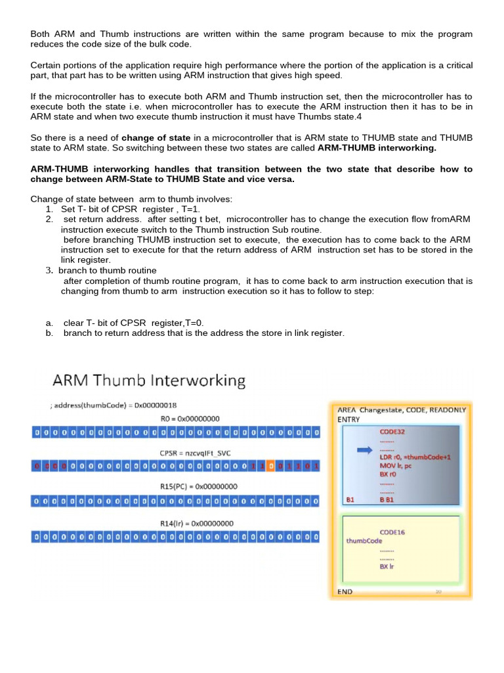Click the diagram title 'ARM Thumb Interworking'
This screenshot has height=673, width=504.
149,381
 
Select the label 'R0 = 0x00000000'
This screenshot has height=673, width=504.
190,419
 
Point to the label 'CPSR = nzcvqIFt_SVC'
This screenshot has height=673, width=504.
190,453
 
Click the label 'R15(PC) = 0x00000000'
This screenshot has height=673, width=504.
190,487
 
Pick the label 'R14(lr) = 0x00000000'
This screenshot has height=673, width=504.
190,523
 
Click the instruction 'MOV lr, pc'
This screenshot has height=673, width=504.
396,465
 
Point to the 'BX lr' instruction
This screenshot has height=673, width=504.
387,567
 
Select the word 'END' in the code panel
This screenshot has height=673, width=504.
345,592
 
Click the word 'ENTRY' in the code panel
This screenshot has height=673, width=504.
348,419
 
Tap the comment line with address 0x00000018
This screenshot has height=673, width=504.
118,406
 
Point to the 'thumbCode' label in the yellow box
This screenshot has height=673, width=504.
364,541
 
